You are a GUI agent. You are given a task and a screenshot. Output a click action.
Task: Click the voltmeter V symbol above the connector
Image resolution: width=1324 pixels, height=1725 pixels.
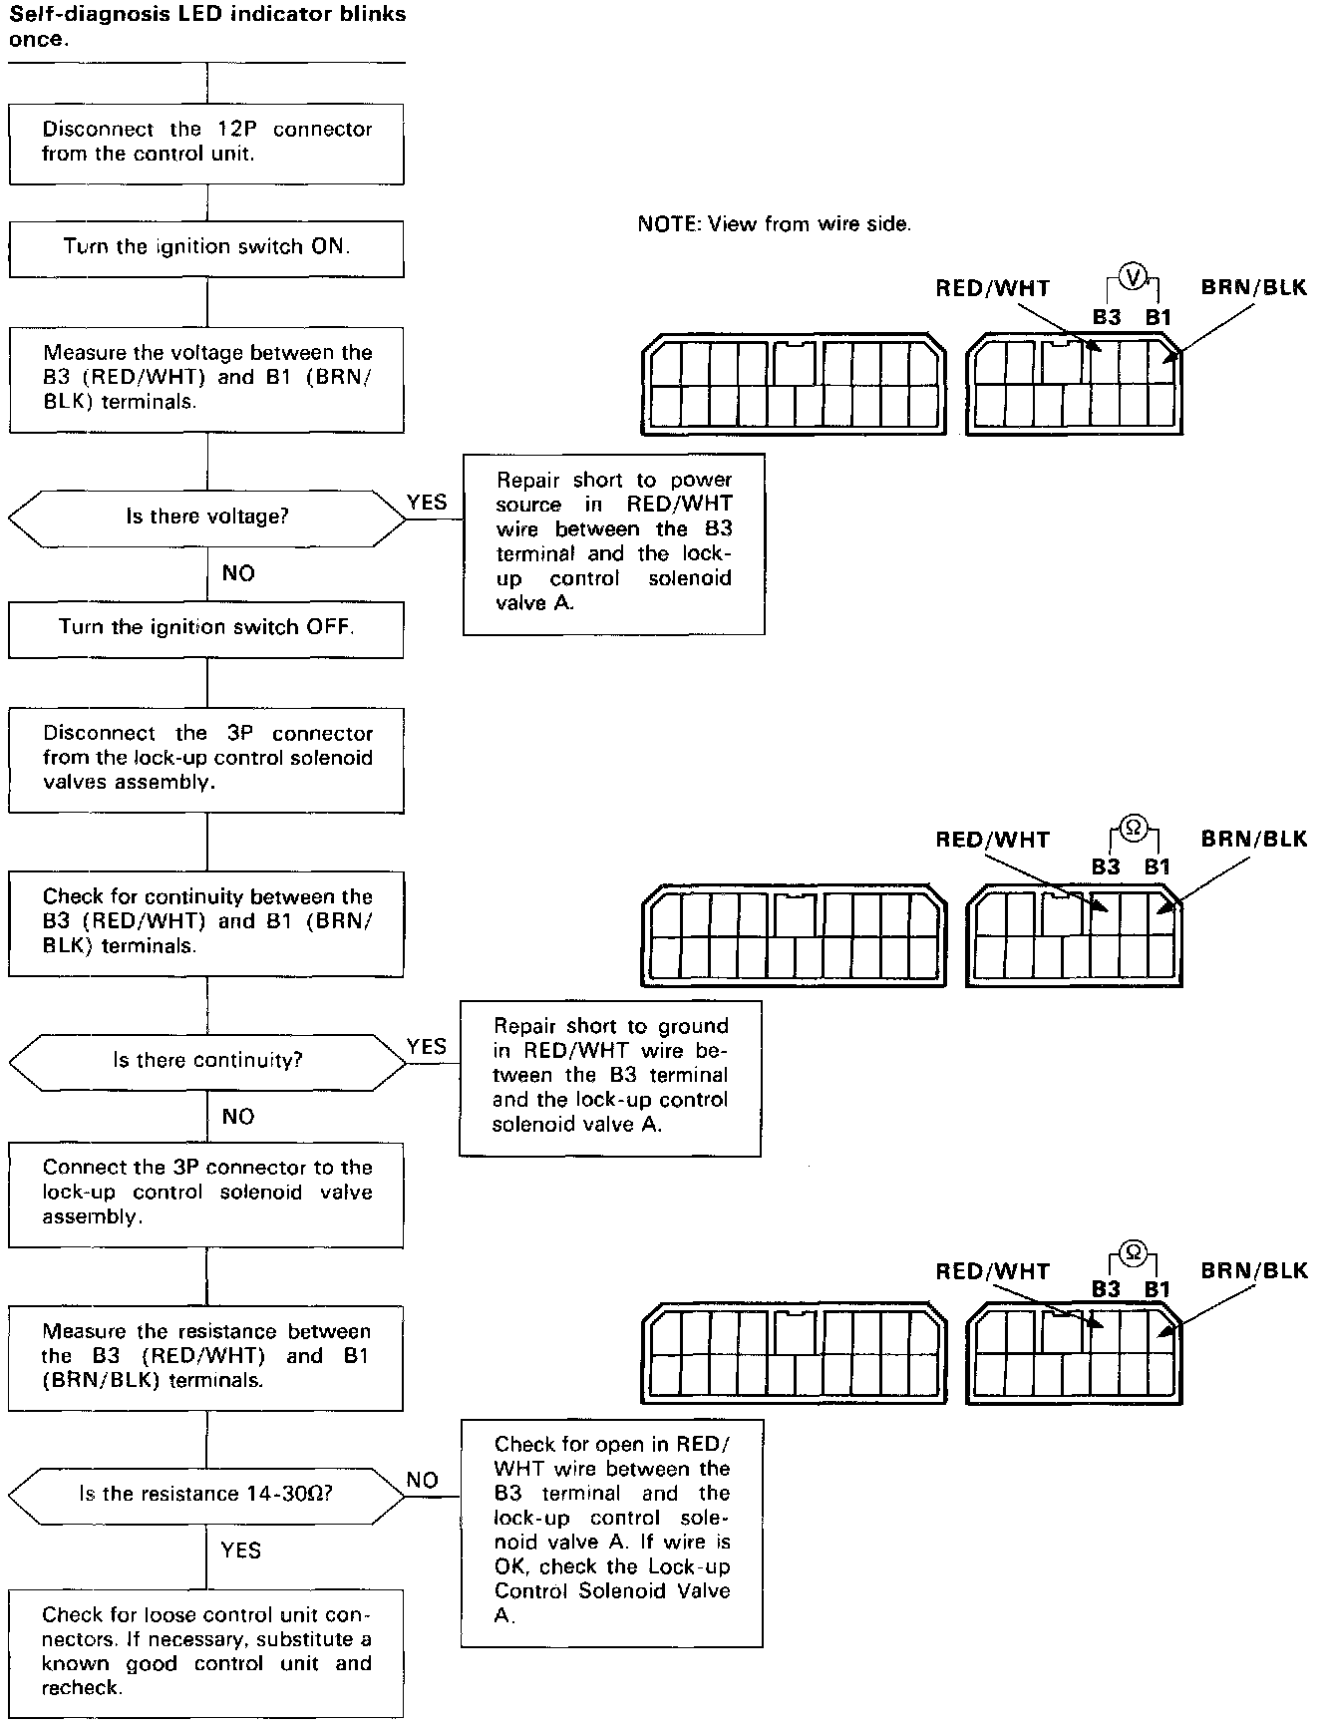pyautogui.click(x=1134, y=277)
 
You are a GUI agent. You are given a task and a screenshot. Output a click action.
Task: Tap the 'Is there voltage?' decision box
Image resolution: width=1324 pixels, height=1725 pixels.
pyautogui.click(x=206, y=517)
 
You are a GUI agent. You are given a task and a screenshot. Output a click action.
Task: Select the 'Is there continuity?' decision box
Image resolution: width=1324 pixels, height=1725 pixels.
pyautogui.click(x=206, y=1060)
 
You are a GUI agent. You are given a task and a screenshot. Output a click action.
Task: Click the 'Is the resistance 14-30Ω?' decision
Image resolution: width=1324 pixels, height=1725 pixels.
pyautogui.click(x=206, y=1495)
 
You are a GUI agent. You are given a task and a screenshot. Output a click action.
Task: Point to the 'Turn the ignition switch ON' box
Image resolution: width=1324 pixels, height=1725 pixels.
pyautogui.click(x=206, y=247)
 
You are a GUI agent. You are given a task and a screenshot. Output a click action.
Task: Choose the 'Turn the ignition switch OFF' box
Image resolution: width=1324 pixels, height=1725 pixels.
pyautogui.click(x=206, y=628)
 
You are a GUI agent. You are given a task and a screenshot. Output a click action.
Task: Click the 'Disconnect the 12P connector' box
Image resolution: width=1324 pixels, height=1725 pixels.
pyautogui.click(x=206, y=143)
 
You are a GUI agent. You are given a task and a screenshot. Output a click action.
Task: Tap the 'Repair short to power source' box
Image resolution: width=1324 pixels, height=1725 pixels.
pyautogui.click(x=613, y=542)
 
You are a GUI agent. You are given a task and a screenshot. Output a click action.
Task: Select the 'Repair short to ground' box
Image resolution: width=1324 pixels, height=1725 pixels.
pyautogui.click(x=609, y=1077)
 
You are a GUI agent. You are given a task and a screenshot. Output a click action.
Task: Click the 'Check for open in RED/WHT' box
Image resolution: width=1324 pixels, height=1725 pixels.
pyautogui.click(x=611, y=1533)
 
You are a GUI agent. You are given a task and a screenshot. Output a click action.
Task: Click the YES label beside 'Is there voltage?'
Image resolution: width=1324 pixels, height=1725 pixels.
pyautogui.click(x=427, y=503)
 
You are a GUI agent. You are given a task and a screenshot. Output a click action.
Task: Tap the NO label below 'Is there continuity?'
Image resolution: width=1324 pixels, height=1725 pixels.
pyautogui.click(x=238, y=1117)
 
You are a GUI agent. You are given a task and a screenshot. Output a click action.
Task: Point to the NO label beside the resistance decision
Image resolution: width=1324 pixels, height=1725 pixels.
pyautogui.click(x=423, y=1481)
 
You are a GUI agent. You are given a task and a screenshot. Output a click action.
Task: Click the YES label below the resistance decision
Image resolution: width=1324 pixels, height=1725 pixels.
pyautogui.click(x=240, y=1550)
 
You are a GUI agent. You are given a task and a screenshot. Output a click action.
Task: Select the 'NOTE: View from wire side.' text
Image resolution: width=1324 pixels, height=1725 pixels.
pyautogui.click(x=774, y=224)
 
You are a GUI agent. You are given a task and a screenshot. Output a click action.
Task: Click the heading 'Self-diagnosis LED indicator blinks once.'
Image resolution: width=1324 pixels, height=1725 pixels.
pyautogui.click(x=206, y=28)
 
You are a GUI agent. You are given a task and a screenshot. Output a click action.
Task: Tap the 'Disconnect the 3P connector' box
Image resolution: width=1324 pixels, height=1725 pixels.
pyautogui.click(x=206, y=759)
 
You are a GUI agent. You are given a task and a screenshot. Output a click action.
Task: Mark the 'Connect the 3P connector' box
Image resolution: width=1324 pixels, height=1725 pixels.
pyautogui.click(x=206, y=1193)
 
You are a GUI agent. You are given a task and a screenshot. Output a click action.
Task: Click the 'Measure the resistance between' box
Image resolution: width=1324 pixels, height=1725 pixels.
pyautogui.click(x=206, y=1356)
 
